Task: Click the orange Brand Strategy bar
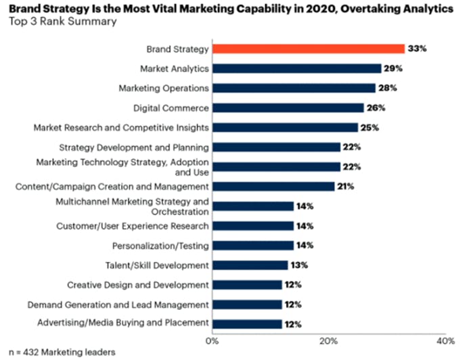[x=309, y=49]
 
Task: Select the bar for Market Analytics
[x=297, y=68]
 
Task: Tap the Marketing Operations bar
[x=294, y=88]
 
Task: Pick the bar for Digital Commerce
[x=288, y=108]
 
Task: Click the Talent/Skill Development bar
[x=250, y=265]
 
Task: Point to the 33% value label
[x=416, y=49]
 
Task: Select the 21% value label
[x=346, y=186]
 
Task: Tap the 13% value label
[x=300, y=265]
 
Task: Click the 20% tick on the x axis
[x=329, y=339]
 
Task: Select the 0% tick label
[x=212, y=339]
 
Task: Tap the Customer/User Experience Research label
[x=133, y=225]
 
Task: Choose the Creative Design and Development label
[x=138, y=284]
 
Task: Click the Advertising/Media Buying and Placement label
[x=122, y=323]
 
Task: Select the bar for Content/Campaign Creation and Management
[x=273, y=186]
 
